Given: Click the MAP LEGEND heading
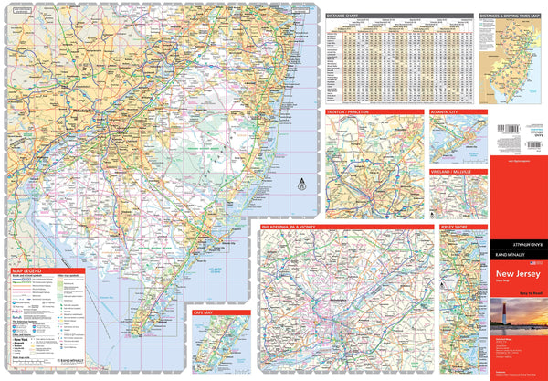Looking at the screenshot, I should coord(28,272).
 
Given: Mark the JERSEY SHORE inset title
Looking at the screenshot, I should coord(455,224).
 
